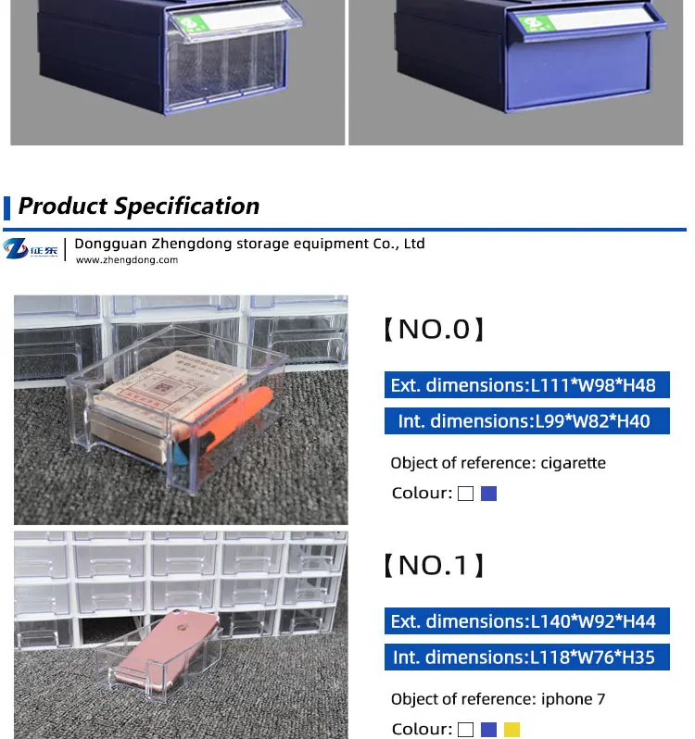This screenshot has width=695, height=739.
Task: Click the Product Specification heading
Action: (x=139, y=206)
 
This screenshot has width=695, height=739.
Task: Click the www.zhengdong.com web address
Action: (x=127, y=261)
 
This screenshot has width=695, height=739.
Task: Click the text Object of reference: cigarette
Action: (x=499, y=463)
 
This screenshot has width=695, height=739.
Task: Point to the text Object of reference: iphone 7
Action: (x=499, y=699)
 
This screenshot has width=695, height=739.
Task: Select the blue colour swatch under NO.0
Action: (x=489, y=494)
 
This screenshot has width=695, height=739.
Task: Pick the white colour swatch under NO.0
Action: (x=465, y=494)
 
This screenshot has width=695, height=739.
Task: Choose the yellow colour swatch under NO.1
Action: (x=512, y=730)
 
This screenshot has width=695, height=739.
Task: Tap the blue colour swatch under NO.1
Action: (x=489, y=730)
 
